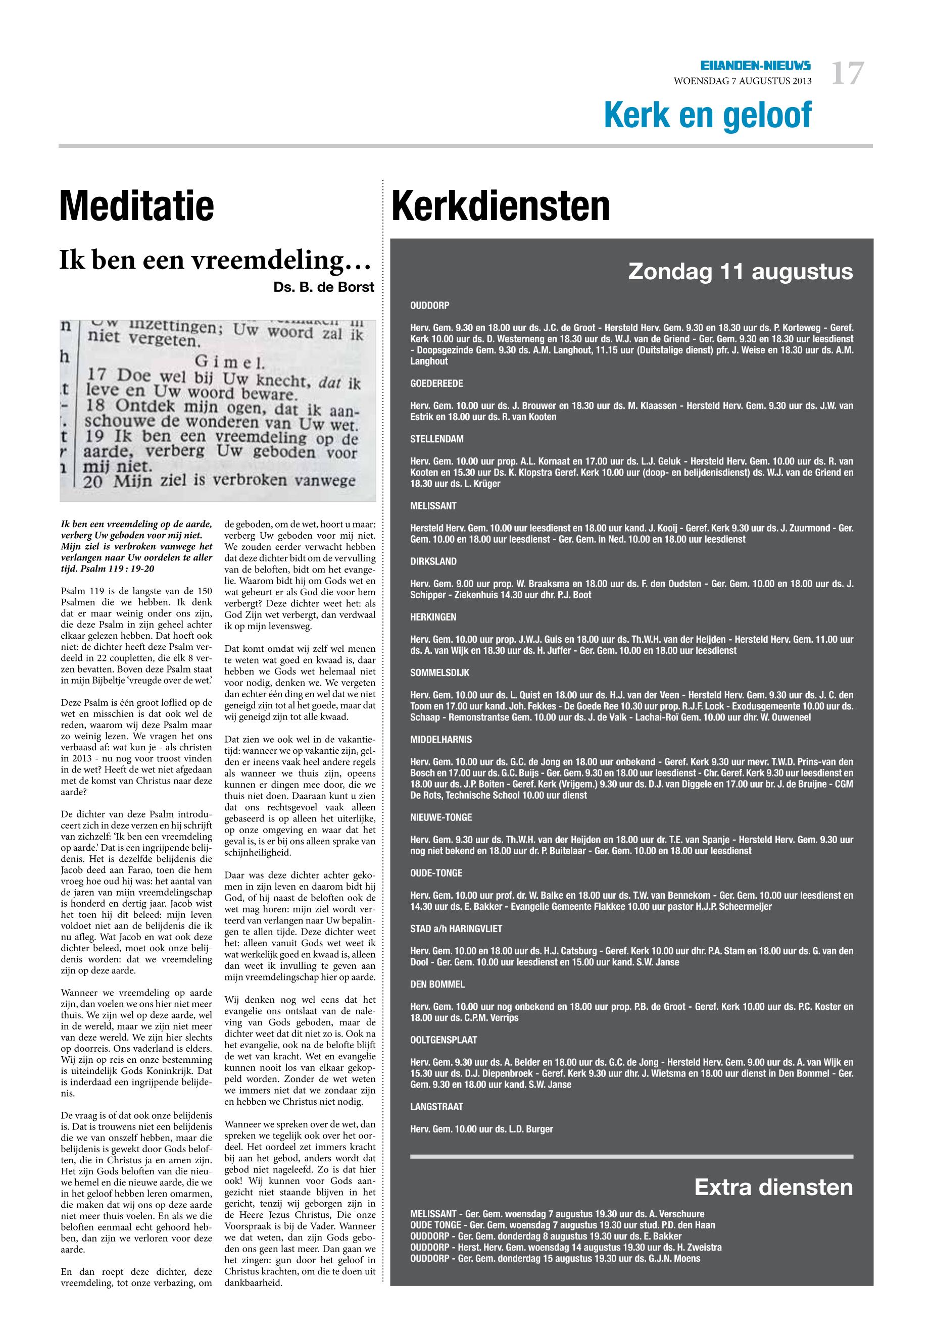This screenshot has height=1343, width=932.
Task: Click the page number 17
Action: [x=847, y=74]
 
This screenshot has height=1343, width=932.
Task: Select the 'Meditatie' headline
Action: [x=137, y=206]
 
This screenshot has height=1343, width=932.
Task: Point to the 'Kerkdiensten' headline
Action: [x=501, y=206]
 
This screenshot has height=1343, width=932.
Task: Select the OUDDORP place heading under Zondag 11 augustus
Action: [x=430, y=305]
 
